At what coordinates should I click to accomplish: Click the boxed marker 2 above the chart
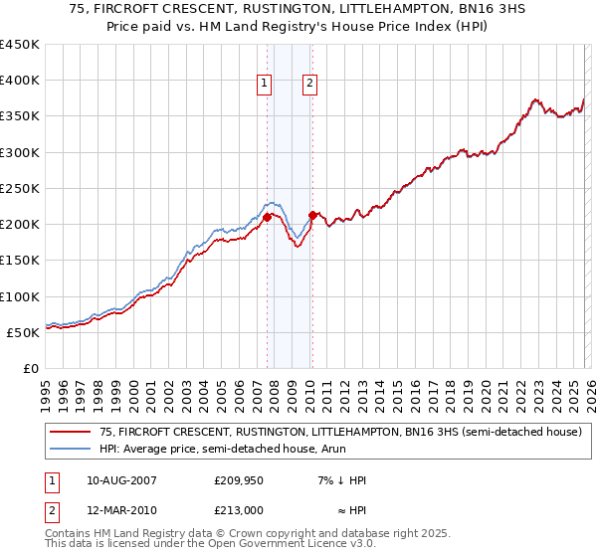pos(310,85)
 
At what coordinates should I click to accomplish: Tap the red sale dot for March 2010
pos(312,215)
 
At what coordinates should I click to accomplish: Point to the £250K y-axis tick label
pos(20,188)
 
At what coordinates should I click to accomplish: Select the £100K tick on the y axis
pos(20,296)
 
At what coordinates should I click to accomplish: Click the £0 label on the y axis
pos(31,368)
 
